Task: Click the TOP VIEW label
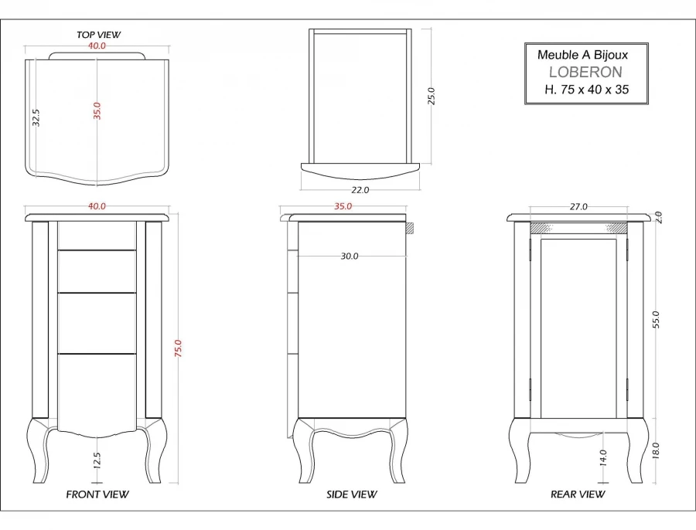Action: tap(98, 35)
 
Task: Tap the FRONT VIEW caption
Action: tap(97, 494)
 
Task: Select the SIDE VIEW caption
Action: tap(352, 494)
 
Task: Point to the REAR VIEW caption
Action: tap(578, 494)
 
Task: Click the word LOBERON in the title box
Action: tap(585, 72)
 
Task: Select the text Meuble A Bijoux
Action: tap(583, 55)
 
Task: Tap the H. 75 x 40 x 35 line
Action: tap(587, 90)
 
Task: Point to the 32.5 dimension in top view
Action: tap(36, 117)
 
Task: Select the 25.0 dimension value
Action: tap(432, 96)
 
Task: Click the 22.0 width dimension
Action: tap(360, 189)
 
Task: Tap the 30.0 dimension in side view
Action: tap(350, 257)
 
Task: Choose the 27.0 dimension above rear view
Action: tap(578, 207)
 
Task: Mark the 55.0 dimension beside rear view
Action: tap(656, 319)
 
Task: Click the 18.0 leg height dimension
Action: tap(656, 450)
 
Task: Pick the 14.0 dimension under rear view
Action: tap(603, 457)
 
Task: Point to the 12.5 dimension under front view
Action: tap(97, 461)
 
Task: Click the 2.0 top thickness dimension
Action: tap(657, 217)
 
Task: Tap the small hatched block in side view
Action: tap(411, 228)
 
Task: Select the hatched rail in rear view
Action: tap(578, 228)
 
